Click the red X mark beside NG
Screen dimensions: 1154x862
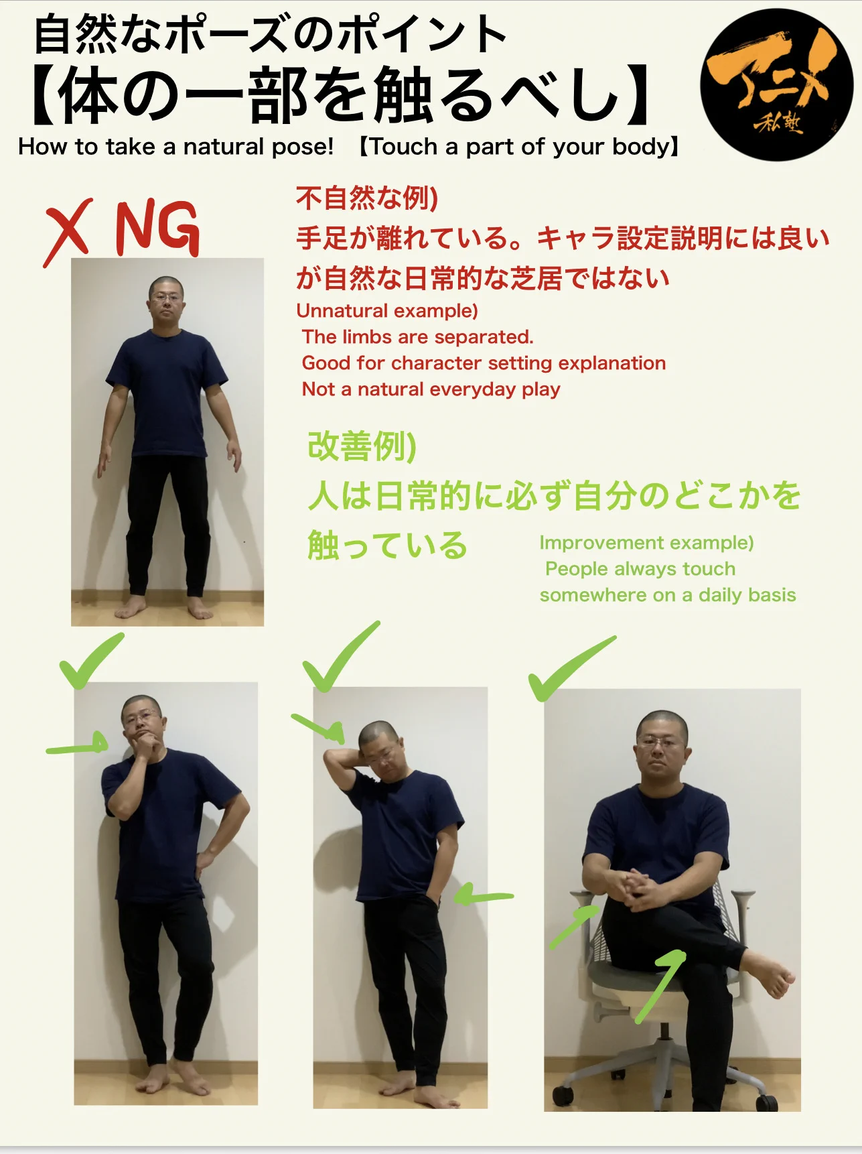pyautogui.click(x=68, y=233)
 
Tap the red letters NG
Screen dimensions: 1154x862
pyautogui.click(x=157, y=229)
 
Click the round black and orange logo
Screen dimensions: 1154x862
pyautogui.click(x=776, y=85)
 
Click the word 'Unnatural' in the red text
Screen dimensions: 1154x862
pyautogui.click(x=342, y=311)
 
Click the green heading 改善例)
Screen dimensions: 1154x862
pyautogui.click(x=362, y=446)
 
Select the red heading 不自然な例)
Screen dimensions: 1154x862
pyautogui.click(x=367, y=198)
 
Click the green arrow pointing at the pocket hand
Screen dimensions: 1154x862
pyautogui.click(x=483, y=895)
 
